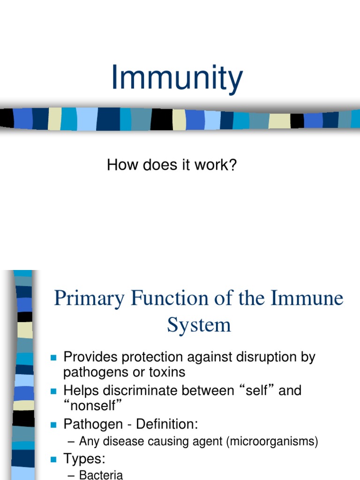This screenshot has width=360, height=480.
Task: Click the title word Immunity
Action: [x=177, y=78]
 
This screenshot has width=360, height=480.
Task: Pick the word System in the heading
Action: [x=199, y=324]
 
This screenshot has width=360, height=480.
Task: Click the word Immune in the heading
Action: [x=311, y=299]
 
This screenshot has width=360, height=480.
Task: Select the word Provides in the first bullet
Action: [x=90, y=357]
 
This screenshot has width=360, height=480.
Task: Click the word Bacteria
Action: [x=101, y=474]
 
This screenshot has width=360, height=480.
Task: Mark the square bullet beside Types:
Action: [x=53, y=459]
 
